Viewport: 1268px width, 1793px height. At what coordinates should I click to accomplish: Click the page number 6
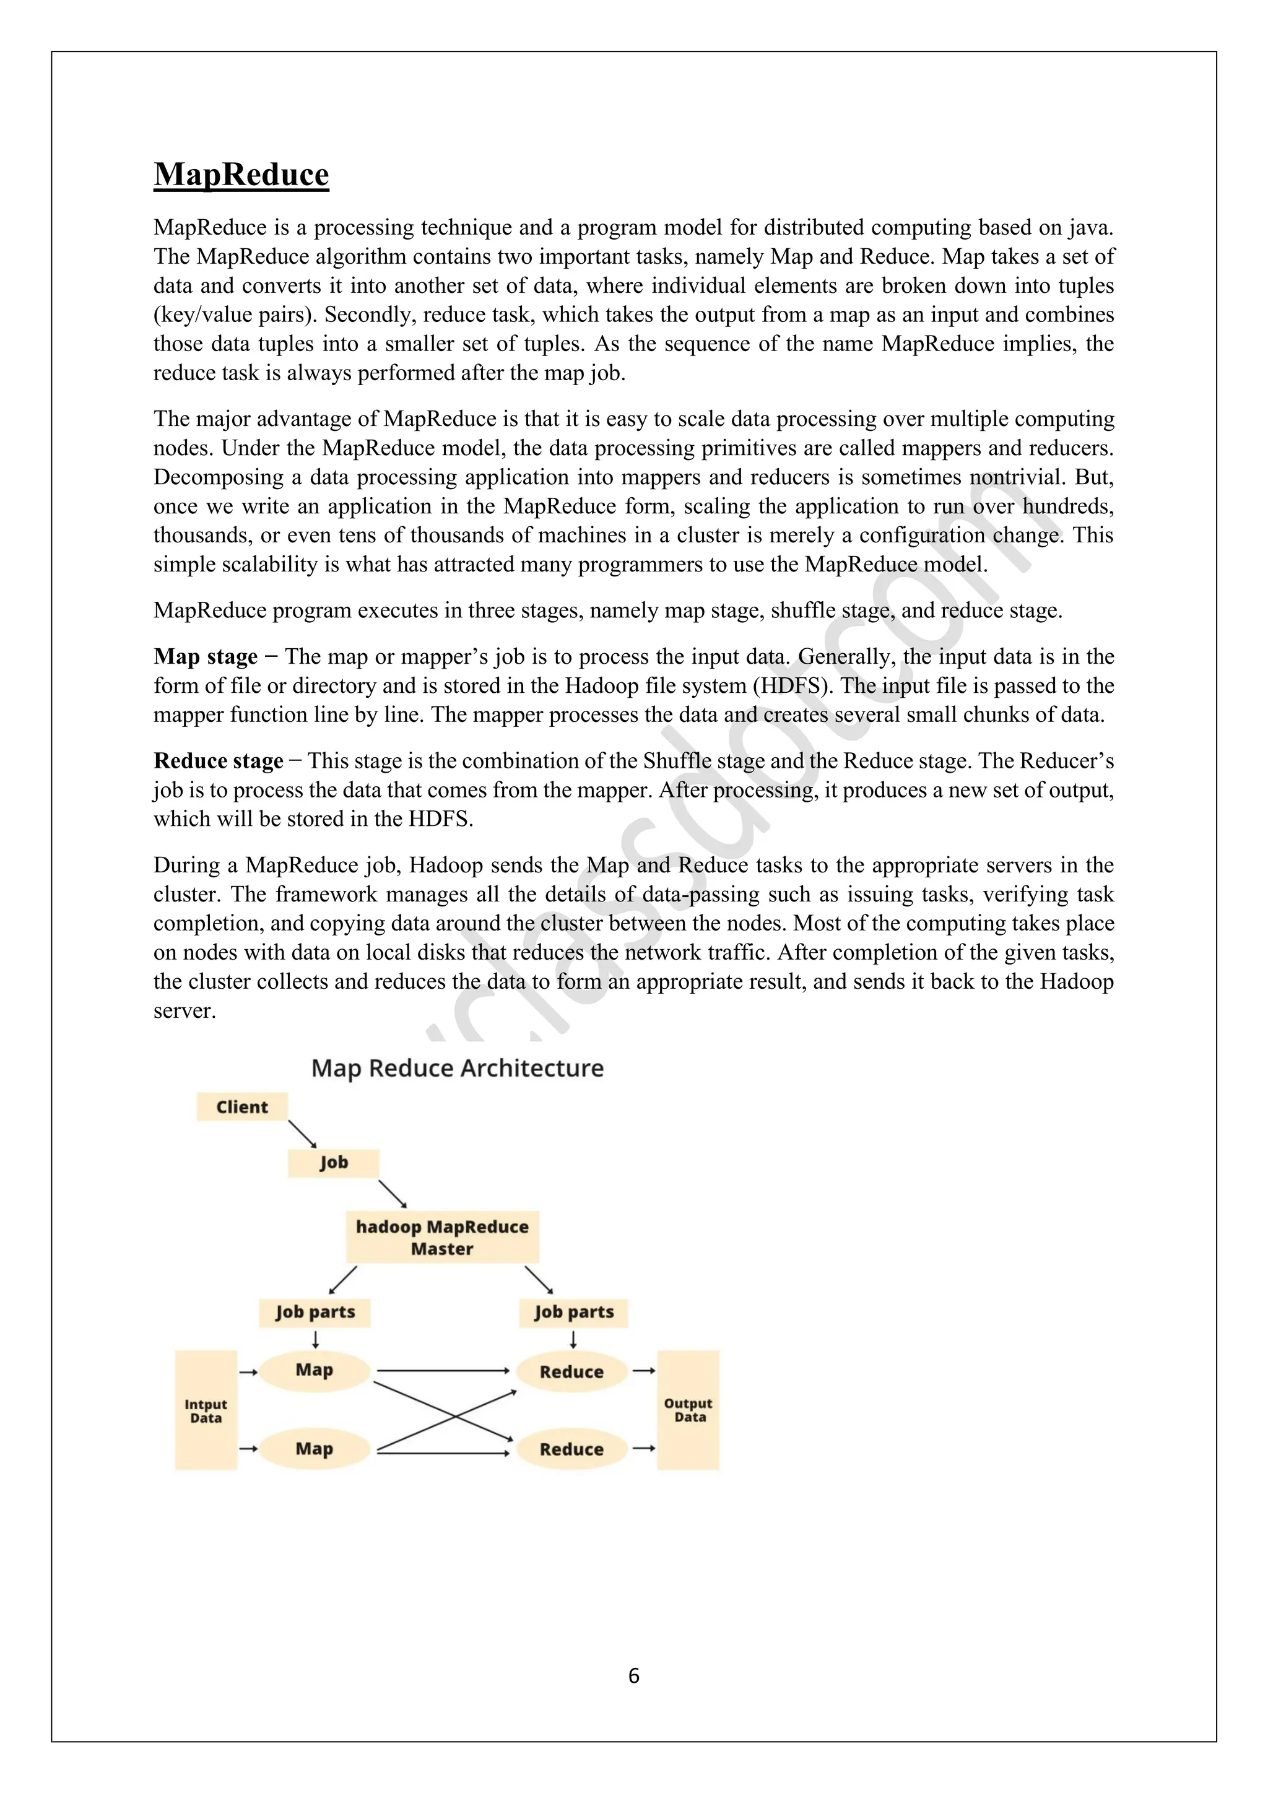(633, 1675)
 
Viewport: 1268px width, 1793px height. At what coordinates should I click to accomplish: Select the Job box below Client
(333, 1163)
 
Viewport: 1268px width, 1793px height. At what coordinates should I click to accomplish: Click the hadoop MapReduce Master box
(442, 1237)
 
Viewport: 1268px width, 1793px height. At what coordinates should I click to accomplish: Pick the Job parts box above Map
(315, 1312)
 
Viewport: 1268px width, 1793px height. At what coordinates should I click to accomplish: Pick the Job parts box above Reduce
(574, 1312)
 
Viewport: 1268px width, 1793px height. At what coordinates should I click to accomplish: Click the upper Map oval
(314, 1370)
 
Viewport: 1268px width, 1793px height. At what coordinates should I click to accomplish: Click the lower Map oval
(314, 1449)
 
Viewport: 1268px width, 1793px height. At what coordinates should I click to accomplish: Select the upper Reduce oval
(571, 1371)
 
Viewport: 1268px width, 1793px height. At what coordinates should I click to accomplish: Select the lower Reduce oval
(571, 1449)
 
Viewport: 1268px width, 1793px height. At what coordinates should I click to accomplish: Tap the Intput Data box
(206, 1410)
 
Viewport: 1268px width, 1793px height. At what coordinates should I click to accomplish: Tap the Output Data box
(688, 1410)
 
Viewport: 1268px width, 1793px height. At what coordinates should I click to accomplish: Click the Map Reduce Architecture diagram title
(458, 1067)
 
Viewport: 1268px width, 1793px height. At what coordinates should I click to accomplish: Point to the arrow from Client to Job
(302, 1134)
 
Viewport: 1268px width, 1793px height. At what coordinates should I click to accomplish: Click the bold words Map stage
(206, 657)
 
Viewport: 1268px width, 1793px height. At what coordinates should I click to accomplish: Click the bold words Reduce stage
(218, 761)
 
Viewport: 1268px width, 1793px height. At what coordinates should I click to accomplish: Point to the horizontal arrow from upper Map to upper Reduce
(442, 1371)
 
